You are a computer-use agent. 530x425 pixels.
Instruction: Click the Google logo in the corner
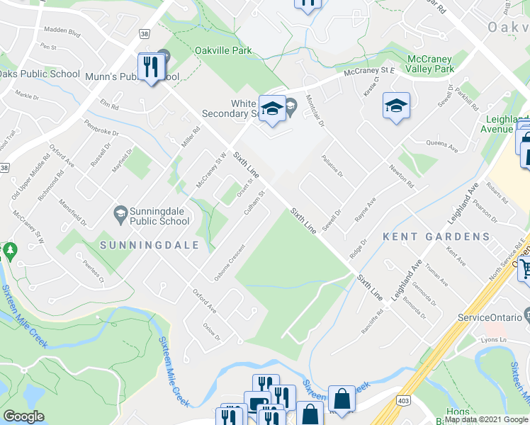point(24,416)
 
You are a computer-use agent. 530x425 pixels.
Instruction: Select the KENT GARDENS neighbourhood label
point(436,237)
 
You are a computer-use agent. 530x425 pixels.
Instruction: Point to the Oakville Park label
point(224,51)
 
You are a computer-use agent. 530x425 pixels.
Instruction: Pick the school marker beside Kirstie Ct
point(396,106)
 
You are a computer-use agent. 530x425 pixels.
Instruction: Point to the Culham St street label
point(254,203)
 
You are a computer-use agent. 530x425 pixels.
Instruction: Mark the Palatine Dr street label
point(332,166)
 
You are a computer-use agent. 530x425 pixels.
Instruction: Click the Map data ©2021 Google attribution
point(487,419)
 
